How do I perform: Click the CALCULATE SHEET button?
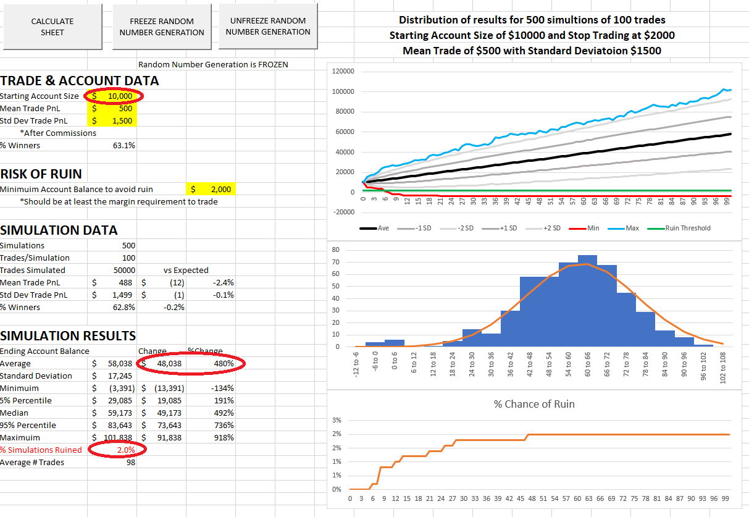point(52,27)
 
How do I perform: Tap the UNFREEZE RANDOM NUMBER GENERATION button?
point(268,27)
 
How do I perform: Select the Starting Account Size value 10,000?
point(120,96)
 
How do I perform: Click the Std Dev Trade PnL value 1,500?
point(122,120)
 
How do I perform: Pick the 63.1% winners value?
point(123,146)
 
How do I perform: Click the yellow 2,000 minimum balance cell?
point(211,189)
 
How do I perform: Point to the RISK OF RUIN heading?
point(41,174)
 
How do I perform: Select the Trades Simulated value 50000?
point(124,270)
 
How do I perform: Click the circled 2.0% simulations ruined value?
point(126,450)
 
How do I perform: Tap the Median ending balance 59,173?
point(120,413)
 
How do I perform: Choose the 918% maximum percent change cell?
point(224,438)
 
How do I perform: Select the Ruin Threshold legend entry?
point(679,229)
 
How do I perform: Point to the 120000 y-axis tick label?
point(343,71)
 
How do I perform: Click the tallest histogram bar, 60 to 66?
point(587,301)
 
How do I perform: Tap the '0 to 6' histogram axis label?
point(395,361)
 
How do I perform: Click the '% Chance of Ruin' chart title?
point(534,404)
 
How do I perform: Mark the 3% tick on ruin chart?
point(337,420)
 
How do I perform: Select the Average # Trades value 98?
point(131,463)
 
